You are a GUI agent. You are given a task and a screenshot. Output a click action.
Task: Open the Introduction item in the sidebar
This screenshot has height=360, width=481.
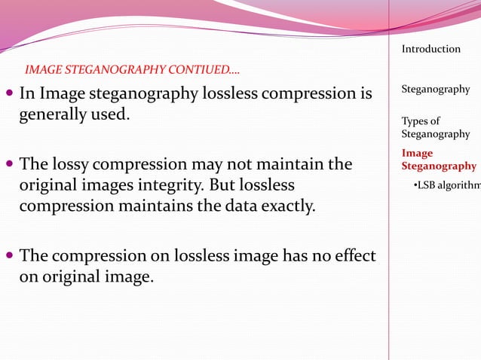point(430,49)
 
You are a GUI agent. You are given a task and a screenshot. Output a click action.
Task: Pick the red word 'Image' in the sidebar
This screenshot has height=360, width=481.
point(417,154)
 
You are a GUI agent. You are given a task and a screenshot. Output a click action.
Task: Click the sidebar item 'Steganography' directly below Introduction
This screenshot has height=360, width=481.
point(435,89)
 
